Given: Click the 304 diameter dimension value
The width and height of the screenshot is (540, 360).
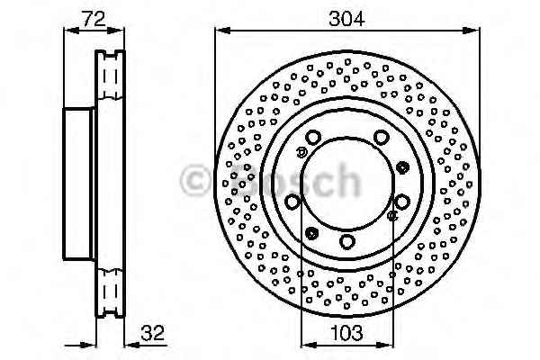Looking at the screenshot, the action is (x=346, y=19).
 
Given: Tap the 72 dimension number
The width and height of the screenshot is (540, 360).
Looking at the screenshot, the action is (x=94, y=19).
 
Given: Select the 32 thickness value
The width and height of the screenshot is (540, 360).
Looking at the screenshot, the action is (x=153, y=333).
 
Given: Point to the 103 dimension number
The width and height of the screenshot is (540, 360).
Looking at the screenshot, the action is (x=346, y=333).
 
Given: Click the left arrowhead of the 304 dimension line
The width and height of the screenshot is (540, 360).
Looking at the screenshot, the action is (x=222, y=31).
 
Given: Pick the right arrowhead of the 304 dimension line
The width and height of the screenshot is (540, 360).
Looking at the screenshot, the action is (x=471, y=31).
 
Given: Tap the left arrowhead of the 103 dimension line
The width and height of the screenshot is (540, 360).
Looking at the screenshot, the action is (x=309, y=345).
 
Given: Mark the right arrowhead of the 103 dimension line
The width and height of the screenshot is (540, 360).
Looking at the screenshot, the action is (x=385, y=345).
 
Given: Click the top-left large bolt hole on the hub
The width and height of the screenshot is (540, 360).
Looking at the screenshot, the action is (x=313, y=137).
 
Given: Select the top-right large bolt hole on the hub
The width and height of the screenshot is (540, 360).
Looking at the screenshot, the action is (x=381, y=137).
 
